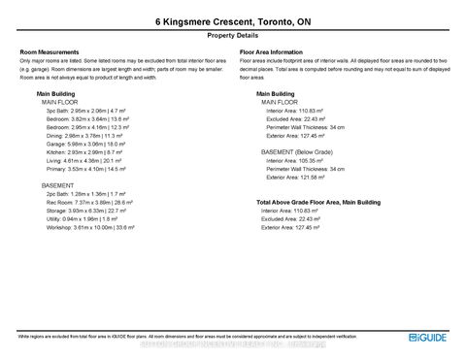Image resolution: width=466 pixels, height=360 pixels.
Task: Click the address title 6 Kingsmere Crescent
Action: click(232, 19)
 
